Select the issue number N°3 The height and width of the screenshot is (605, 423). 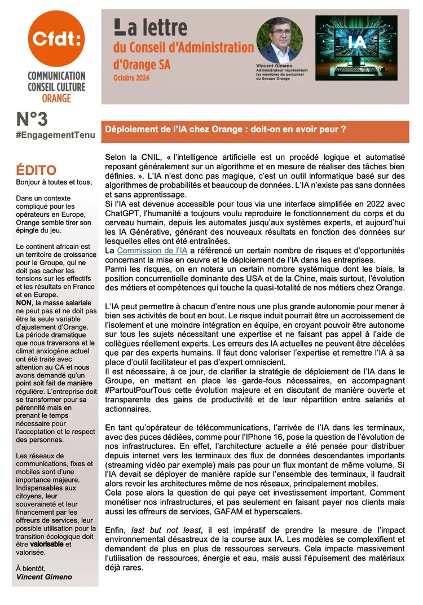34,120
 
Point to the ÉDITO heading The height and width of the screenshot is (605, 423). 36,170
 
